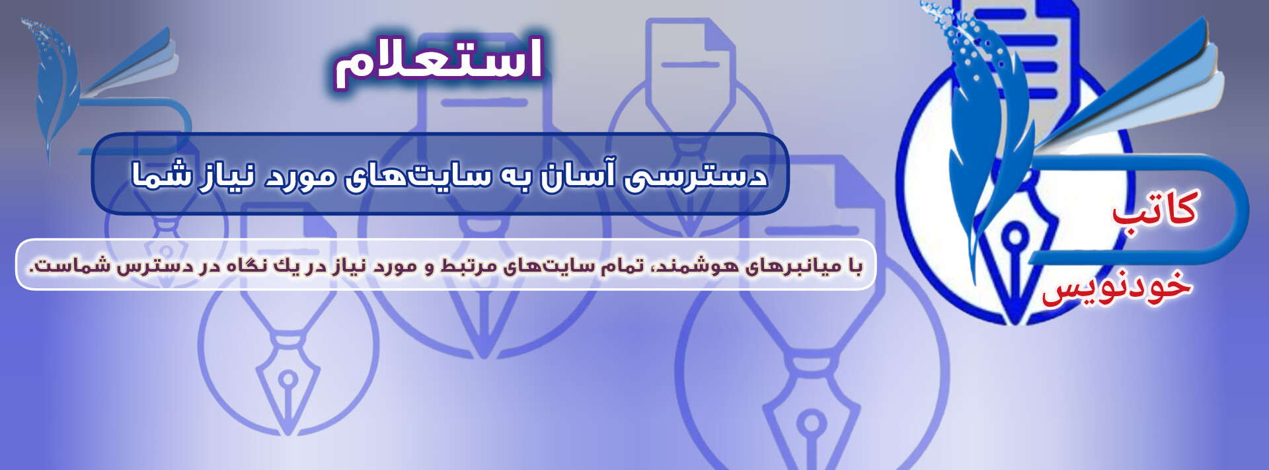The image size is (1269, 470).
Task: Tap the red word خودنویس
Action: pos(1117,286)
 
